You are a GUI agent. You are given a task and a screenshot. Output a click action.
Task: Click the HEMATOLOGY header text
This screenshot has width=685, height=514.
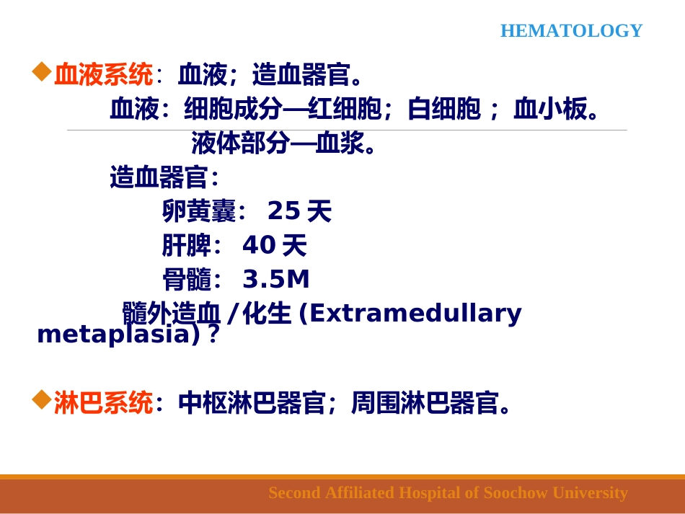point(571,31)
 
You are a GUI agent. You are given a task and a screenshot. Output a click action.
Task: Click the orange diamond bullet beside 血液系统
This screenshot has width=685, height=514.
point(42,71)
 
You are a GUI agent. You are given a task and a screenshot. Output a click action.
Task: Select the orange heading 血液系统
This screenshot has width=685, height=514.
point(103,74)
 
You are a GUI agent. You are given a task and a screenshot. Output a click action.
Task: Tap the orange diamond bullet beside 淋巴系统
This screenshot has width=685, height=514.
point(42,399)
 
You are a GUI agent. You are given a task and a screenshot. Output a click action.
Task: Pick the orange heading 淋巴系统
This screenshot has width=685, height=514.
point(103,403)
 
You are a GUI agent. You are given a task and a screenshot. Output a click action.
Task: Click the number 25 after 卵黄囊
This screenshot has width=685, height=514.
point(283,211)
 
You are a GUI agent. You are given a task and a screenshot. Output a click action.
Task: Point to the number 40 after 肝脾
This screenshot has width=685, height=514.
point(258,246)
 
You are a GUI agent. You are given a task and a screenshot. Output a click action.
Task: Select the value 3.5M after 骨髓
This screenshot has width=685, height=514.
point(275,280)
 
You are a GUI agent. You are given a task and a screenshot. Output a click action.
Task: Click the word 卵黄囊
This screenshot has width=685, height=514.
point(199,211)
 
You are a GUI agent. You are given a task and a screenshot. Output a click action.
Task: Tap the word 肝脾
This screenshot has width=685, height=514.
point(186,246)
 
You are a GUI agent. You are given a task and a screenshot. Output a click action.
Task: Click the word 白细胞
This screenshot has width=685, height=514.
point(443,109)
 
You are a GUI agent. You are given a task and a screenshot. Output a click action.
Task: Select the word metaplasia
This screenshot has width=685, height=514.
point(114,334)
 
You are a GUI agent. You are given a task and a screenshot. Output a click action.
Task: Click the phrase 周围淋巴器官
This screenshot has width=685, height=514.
point(425,403)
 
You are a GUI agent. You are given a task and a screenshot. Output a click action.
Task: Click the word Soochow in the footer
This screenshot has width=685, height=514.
point(516,493)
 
